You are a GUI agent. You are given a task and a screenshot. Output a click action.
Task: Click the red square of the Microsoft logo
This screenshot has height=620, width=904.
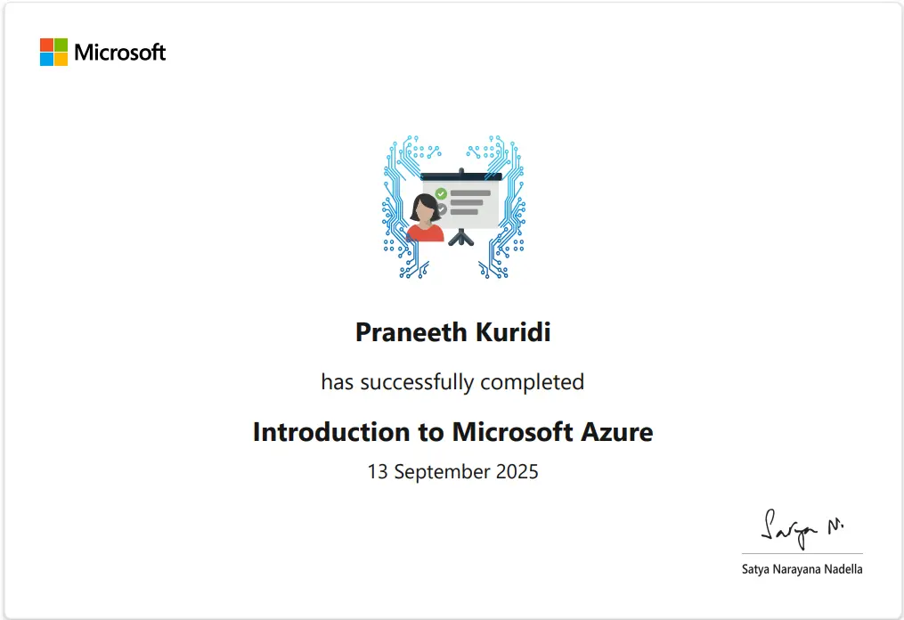click(46, 45)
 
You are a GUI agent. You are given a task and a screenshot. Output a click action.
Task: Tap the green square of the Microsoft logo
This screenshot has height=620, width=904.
click(61, 45)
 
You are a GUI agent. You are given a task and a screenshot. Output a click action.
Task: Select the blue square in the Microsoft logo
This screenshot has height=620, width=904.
click(46, 59)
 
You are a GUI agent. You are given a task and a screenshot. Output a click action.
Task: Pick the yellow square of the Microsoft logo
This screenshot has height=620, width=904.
click(61, 59)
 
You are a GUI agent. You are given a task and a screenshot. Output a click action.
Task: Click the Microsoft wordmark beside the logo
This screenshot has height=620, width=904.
click(120, 53)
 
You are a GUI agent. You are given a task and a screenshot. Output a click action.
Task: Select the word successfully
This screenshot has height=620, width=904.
click(415, 383)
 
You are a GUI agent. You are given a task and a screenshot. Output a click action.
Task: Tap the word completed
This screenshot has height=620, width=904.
click(533, 382)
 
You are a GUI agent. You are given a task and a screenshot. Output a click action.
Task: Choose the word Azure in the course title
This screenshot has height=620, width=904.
click(616, 432)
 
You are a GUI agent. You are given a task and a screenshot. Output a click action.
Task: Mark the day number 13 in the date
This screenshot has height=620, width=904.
click(378, 471)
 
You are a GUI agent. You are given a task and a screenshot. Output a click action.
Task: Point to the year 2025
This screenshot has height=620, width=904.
click(515, 471)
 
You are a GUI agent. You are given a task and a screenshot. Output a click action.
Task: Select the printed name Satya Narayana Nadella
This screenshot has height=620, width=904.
click(802, 568)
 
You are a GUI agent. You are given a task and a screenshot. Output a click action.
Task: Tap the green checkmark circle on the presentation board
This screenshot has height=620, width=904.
click(441, 193)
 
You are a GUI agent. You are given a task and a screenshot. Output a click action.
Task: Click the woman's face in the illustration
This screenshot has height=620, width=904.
click(425, 210)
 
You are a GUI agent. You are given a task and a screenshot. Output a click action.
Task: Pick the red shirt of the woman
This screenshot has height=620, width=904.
click(425, 233)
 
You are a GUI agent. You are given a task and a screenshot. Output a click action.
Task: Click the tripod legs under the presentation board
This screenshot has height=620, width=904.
click(460, 238)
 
